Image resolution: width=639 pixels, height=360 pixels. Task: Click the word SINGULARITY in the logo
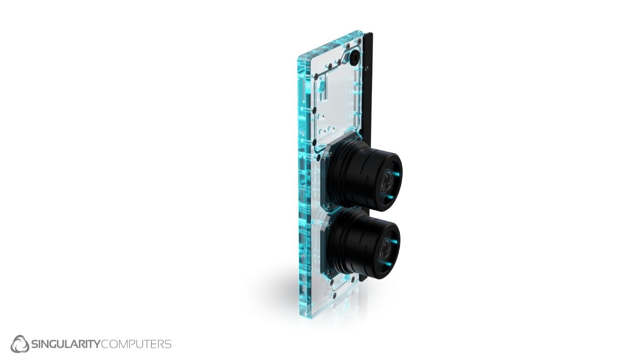pyautogui.click(x=65, y=344)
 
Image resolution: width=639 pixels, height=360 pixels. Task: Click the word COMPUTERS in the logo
pyautogui.click(x=136, y=344)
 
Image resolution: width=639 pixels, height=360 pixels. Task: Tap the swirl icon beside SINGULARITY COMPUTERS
pyautogui.click(x=20, y=344)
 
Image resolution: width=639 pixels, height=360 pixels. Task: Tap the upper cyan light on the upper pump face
pyautogui.click(x=395, y=173)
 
